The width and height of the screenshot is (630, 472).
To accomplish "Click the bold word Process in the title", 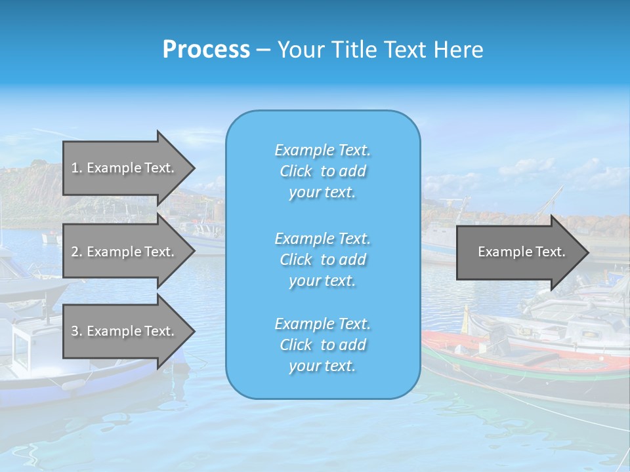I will pos(206,50).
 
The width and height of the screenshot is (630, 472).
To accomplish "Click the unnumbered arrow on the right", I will pos(518,252).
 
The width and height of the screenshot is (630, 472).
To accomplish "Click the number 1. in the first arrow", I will pos(76,168).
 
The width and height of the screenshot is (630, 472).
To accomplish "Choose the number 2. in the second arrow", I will pos(76,252).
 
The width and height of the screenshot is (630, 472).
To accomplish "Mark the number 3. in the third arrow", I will pos(76,331).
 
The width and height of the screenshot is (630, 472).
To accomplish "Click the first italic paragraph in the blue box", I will pos(322,171).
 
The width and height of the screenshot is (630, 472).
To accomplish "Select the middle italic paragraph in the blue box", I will pos(322,260).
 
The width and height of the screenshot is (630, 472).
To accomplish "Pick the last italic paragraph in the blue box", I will pos(322,345).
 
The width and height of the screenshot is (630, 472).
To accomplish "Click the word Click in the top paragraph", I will pos(295,171).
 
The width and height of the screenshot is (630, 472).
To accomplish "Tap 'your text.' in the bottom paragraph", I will pos(322,366).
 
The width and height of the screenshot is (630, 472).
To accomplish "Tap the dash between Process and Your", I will pos(264,50).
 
